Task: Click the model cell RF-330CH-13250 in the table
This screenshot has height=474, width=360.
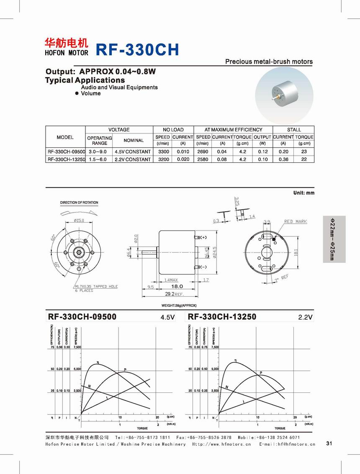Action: click(x=66, y=159)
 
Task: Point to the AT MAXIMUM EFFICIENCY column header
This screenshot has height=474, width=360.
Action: click(x=233, y=130)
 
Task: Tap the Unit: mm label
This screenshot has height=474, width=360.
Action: click(x=303, y=193)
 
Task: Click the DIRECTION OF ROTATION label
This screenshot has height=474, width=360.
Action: click(x=79, y=202)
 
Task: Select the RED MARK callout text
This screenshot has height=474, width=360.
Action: click(x=296, y=221)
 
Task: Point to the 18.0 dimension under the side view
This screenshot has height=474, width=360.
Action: click(x=178, y=286)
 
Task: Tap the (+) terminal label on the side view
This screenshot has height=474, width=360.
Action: click(x=204, y=238)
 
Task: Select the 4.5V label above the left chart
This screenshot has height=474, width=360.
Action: click(x=167, y=318)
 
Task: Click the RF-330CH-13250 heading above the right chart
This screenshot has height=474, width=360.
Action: click(x=222, y=317)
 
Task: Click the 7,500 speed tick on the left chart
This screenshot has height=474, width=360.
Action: click(x=77, y=347)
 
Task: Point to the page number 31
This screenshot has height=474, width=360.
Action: click(x=328, y=443)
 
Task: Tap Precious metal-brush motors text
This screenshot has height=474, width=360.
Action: click(x=269, y=61)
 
